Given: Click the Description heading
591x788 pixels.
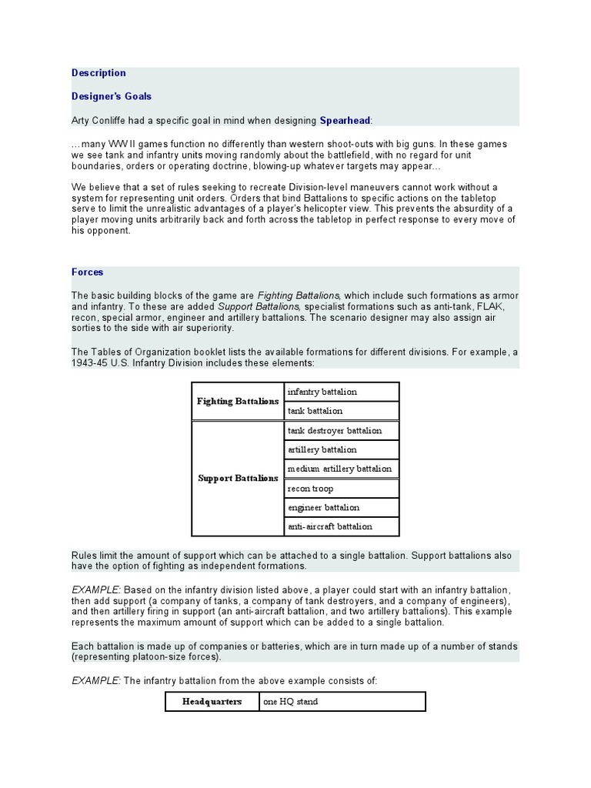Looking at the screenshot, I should coord(98,73).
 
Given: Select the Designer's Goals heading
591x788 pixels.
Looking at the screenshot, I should coord(112,96).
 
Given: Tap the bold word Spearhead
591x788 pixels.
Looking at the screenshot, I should coord(345,120).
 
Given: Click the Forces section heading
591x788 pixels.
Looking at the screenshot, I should coord(87,272).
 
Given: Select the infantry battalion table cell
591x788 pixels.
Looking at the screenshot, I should coord(341,392).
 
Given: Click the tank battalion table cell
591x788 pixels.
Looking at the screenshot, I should coord(341,411).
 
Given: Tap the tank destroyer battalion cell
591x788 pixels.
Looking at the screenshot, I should coord(341,430).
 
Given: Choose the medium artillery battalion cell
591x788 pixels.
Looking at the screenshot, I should coord(341,469).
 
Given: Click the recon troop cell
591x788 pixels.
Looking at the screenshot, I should coord(341,489).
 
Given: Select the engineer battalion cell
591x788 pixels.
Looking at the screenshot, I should coord(341,508).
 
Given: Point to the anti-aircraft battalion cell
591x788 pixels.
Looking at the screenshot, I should coord(341,527).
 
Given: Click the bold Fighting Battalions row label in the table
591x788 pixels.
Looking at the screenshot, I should coord(238,401).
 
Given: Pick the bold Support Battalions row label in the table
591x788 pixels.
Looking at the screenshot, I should coord(238,479).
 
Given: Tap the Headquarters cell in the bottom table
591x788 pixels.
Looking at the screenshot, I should coord(212,702).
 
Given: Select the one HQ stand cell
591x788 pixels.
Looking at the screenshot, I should coord(341,702).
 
